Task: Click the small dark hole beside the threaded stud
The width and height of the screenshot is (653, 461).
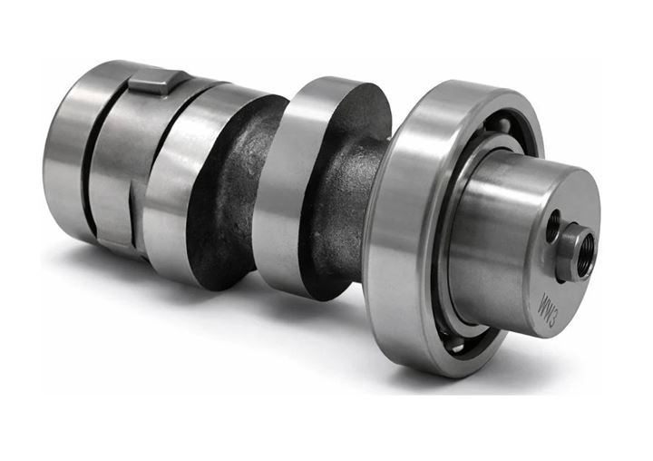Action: (554, 227)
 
